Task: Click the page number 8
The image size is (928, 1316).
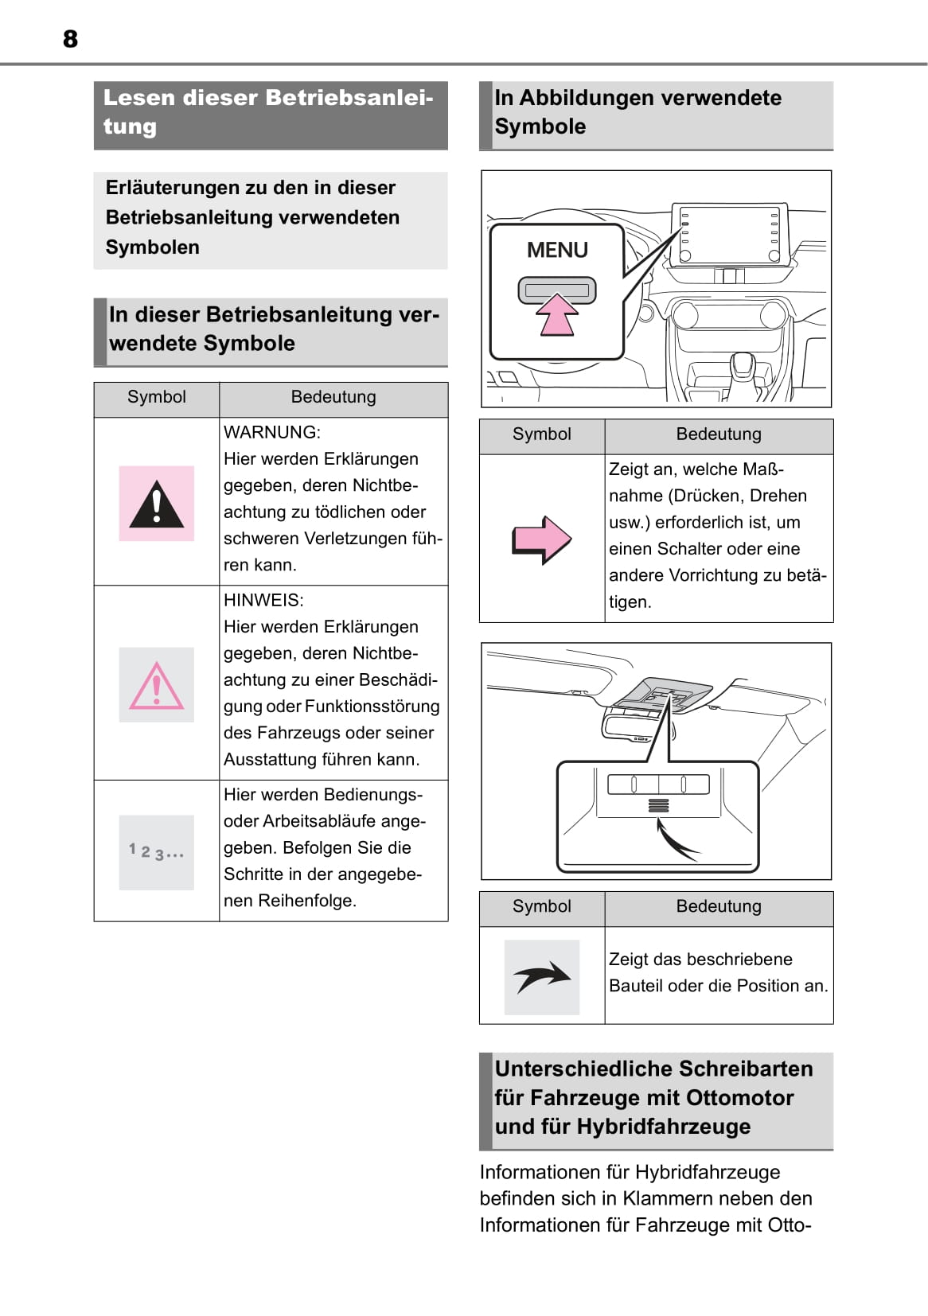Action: tap(70, 39)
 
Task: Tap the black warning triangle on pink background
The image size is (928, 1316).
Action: tap(157, 504)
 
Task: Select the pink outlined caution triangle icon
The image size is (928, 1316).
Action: tap(157, 686)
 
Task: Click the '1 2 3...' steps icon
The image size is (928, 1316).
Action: tap(157, 852)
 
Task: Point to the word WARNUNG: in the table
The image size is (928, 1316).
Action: tap(272, 432)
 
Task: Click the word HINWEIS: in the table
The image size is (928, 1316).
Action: tap(263, 600)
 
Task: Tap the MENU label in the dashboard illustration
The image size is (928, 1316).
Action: tap(557, 250)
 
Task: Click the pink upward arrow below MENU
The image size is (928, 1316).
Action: tap(557, 315)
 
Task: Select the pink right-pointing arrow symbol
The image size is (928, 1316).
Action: tap(541, 539)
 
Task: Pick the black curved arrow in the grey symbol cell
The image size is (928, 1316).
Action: tap(542, 977)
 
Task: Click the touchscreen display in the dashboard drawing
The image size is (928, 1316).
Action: tap(728, 235)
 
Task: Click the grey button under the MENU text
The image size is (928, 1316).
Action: tap(557, 290)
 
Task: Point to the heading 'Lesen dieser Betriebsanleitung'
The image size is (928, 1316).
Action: tap(270, 112)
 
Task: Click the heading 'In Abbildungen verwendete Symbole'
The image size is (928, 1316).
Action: tap(638, 112)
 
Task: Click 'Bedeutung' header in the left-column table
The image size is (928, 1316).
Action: tap(333, 397)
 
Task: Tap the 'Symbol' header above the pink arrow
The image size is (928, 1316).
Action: tap(542, 434)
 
